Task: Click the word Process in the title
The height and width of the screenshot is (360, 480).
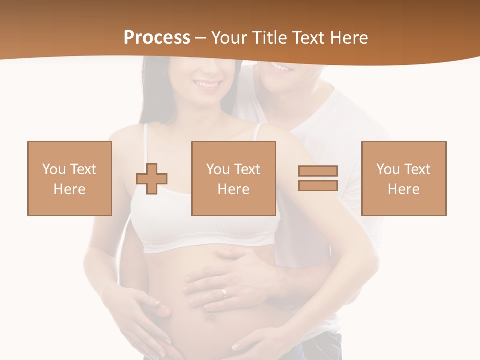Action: pyautogui.click(x=157, y=38)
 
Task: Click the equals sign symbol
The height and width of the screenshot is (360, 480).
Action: pyautogui.click(x=318, y=178)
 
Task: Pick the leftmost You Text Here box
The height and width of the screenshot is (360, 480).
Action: pyautogui.click(x=70, y=178)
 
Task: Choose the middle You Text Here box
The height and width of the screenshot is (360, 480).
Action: pyautogui.click(x=234, y=178)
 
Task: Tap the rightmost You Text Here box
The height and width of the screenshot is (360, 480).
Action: pyautogui.click(x=404, y=178)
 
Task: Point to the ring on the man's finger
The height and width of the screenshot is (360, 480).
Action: pyautogui.click(x=224, y=292)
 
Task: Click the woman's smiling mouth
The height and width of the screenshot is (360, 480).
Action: pyautogui.click(x=206, y=84)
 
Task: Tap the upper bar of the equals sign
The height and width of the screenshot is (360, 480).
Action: pyautogui.click(x=318, y=171)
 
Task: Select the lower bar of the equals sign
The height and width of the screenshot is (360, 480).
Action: pyautogui.click(x=318, y=185)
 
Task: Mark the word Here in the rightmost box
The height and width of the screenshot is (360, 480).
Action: pyautogui.click(x=404, y=189)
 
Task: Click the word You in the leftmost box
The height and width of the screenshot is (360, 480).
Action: pyautogui.click(x=54, y=169)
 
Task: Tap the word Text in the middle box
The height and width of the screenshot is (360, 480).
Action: pyautogui.click(x=247, y=169)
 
